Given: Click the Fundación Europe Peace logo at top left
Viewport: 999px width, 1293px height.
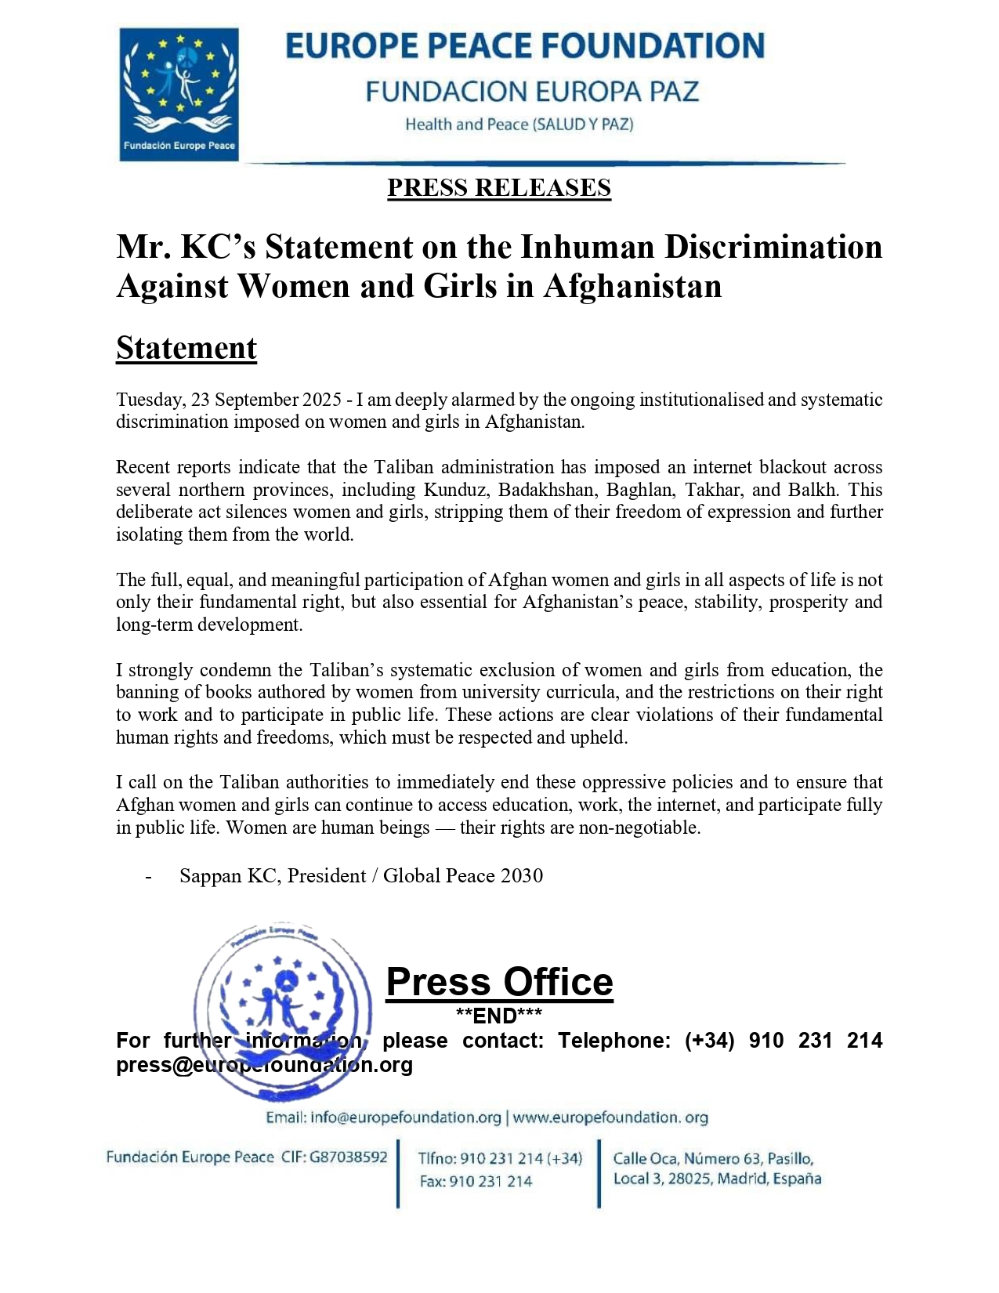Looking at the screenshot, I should click(179, 94).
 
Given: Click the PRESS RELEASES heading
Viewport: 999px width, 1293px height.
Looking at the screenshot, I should click(499, 188).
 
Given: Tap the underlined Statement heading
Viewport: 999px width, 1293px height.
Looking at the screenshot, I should click(186, 348).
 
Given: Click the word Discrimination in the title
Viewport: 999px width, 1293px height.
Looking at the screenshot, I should click(773, 247).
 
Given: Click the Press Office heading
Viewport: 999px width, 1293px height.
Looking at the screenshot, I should click(500, 982).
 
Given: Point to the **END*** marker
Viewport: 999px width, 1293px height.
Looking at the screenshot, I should click(499, 1016).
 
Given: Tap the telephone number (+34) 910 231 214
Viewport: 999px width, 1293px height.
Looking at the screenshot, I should click(784, 1041).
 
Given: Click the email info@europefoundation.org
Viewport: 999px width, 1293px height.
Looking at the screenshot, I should click(405, 1117).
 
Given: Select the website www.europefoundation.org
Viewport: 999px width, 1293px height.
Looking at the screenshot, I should click(610, 1117).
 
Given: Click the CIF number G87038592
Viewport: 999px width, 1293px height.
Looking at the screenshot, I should click(349, 1157).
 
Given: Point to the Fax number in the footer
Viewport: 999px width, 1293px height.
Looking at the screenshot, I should click(476, 1181).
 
